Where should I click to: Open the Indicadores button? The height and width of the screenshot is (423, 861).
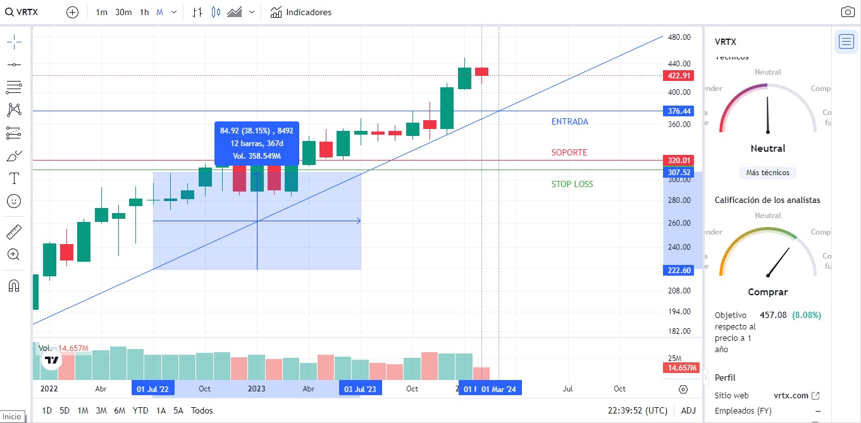[300, 12]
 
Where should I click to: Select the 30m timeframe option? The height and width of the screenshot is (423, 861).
[123, 12]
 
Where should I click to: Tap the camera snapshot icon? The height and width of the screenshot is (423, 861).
[848, 12]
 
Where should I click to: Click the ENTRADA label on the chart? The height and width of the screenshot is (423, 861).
[569, 121]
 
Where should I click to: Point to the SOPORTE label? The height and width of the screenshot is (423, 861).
[569, 152]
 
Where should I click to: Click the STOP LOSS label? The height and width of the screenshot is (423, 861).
[572, 184]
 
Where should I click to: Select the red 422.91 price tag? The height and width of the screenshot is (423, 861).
[679, 76]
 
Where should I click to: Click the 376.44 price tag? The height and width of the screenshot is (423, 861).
[679, 111]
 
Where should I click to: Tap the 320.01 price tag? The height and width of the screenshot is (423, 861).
[679, 161]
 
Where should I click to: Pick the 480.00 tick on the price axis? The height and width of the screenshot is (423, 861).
[679, 37]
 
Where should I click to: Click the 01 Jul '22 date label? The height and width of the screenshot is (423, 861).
[152, 389]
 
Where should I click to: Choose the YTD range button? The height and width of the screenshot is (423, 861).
[140, 410]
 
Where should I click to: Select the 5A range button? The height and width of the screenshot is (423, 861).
[178, 410]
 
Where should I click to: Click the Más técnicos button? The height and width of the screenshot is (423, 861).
[767, 173]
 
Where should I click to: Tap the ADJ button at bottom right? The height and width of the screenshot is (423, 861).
[688, 410]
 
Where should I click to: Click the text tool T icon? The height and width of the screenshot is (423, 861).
[14, 178]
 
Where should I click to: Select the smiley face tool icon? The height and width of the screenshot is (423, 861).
[14, 201]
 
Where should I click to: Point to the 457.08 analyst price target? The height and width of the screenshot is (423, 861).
[772, 315]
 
